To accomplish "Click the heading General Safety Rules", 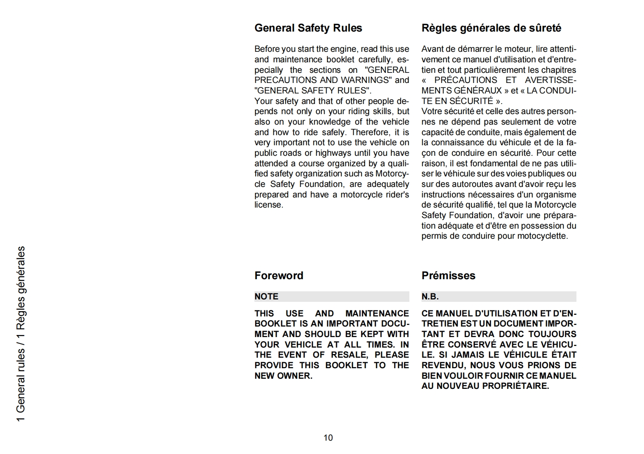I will (x=308, y=28).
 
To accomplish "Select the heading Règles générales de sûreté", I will (x=491, y=28).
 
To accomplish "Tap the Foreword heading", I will (x=279, y=276).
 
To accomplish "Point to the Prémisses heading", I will (x=448, y=276).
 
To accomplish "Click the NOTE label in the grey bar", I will (x=266, y=297).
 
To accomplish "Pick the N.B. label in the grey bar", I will (x=430, y=297).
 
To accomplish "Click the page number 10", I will (x=328, y=437).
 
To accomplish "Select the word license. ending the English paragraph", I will (x=269, y=205).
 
